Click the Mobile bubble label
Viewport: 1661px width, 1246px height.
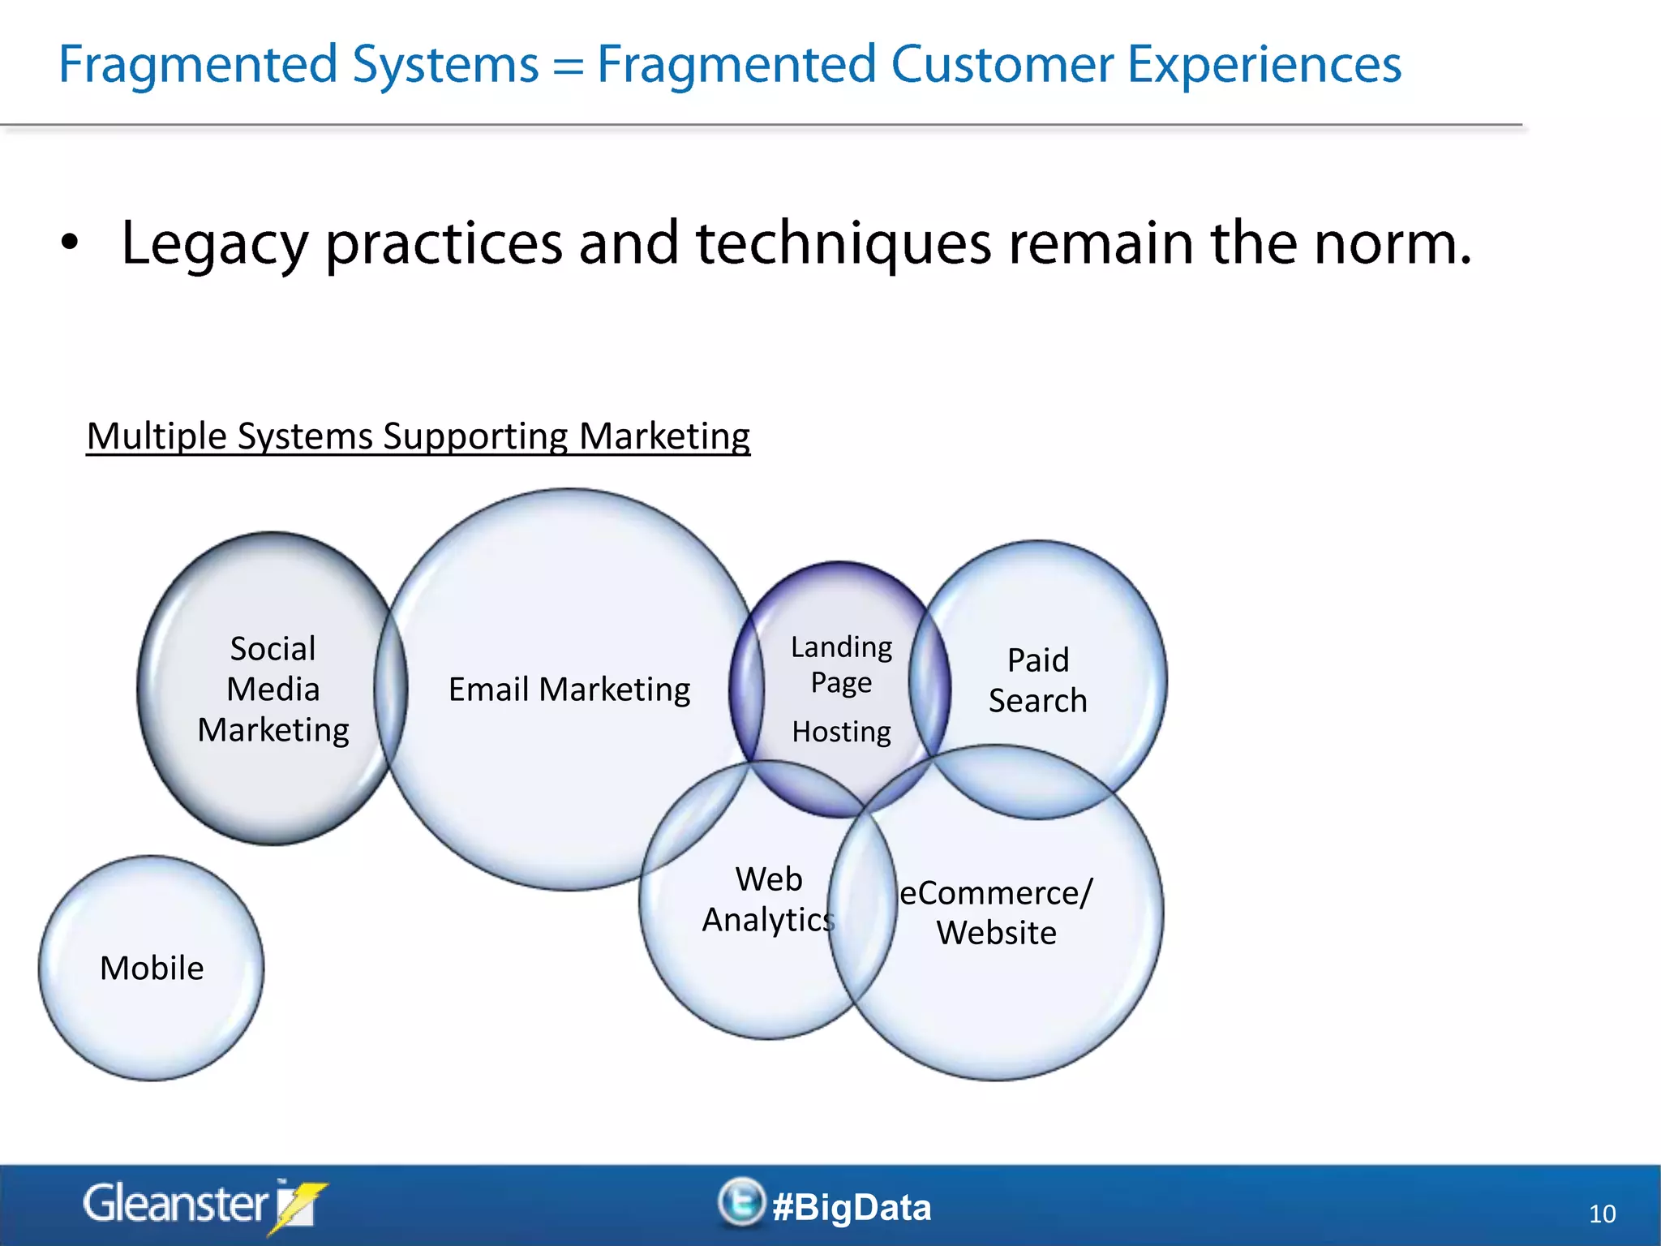[x=152, y=969]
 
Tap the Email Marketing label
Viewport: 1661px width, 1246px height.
[x=569, y=690]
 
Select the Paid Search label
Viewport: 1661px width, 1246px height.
[x=1037, y=680]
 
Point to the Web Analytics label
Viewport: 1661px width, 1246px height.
[x=767, y=900]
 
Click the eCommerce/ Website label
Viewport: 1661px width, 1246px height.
[x=996, y=913]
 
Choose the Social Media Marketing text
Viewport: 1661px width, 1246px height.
[x=273, y=690]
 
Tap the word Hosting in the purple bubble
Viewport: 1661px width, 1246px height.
[x=841, y=732]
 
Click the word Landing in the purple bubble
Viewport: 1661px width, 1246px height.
[x=841, y=647]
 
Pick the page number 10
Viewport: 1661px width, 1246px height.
[x=1602, y=1214]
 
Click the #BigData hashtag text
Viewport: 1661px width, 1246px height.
[x=852, y=1207]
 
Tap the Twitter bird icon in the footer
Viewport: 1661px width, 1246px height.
[x=740, y=1201]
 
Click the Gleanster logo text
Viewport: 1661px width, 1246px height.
[x=174, y=1204]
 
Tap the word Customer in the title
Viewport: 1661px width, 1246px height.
[x=1002, y=65]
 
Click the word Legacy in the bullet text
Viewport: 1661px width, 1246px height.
[x=215, y=243]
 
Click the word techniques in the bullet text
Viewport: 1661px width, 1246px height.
[x=843, y=243]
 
